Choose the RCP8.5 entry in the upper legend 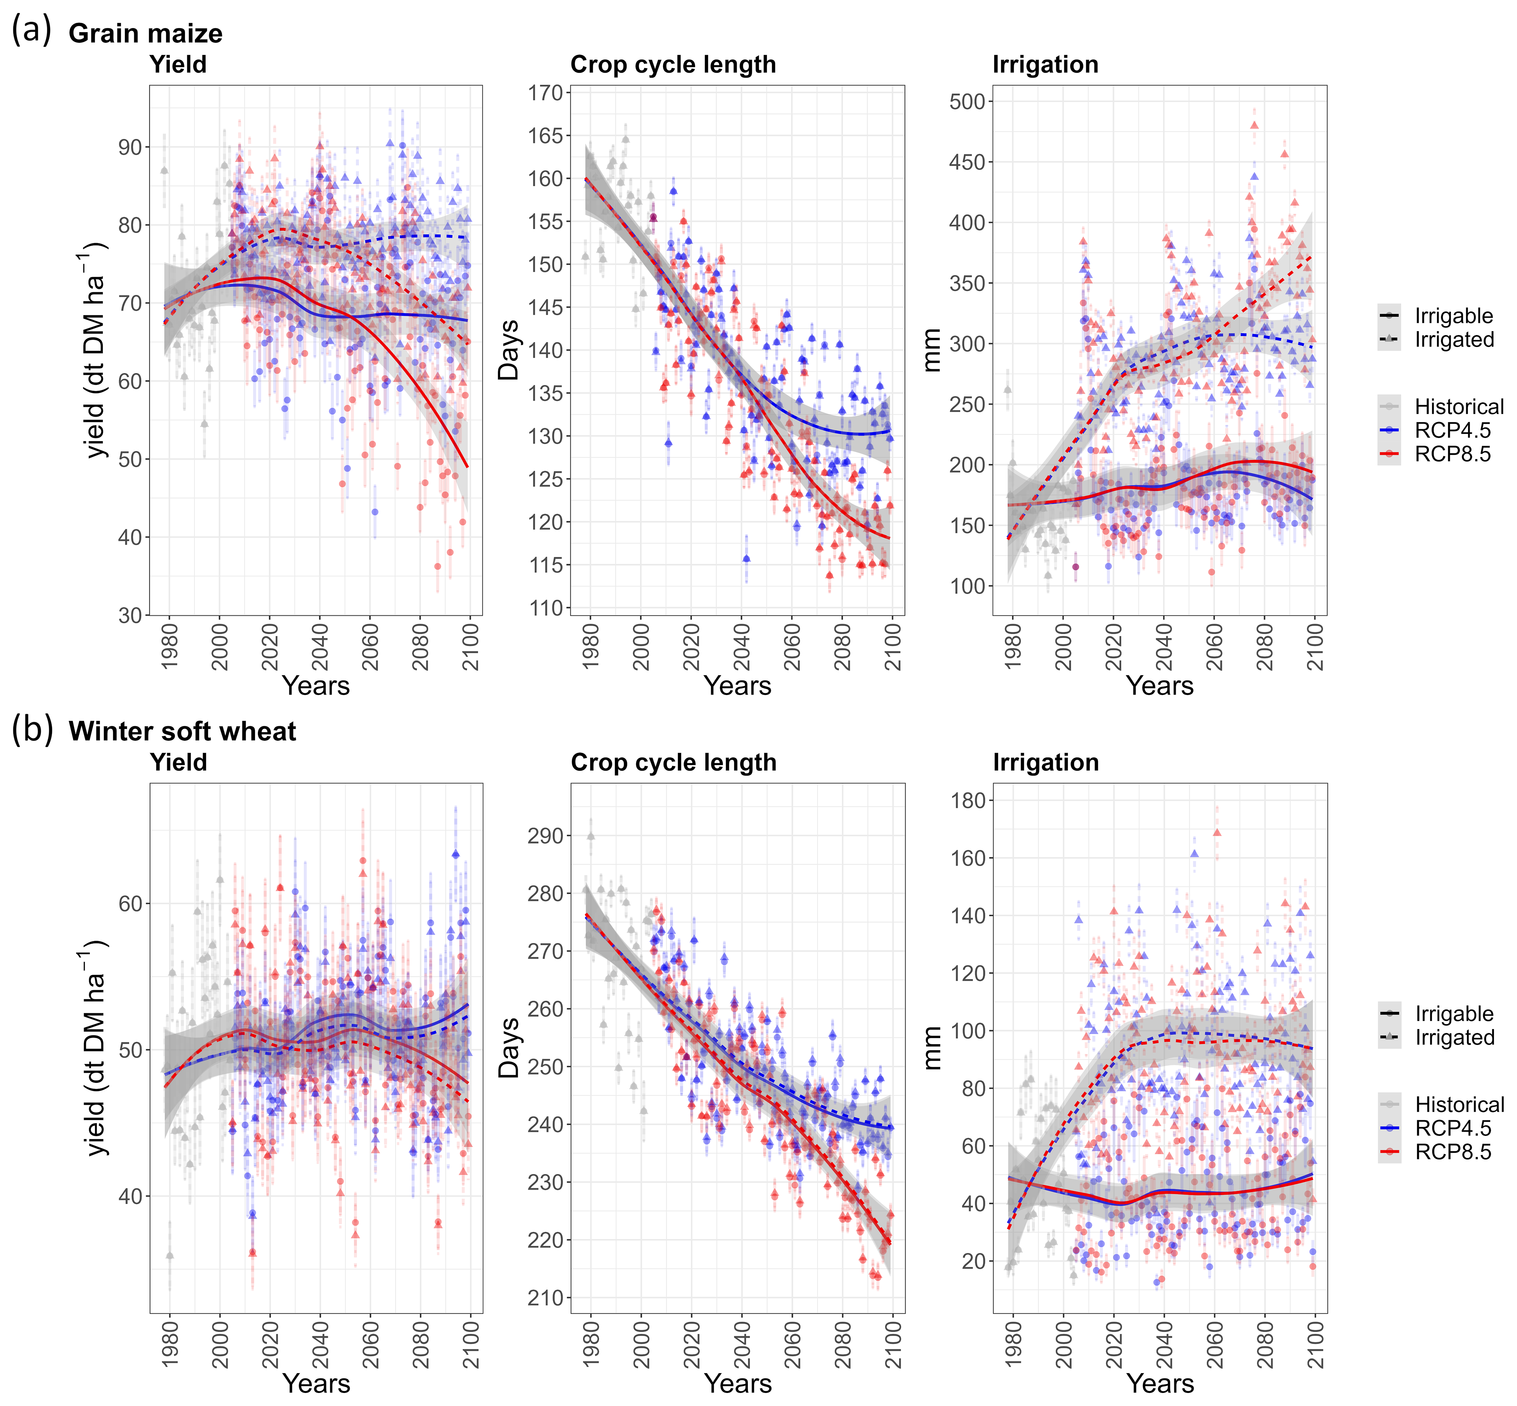[x=1452, y=454]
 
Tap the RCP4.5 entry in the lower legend [x=1452, y=1128]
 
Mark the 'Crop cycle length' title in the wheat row [x=673, y=763]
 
